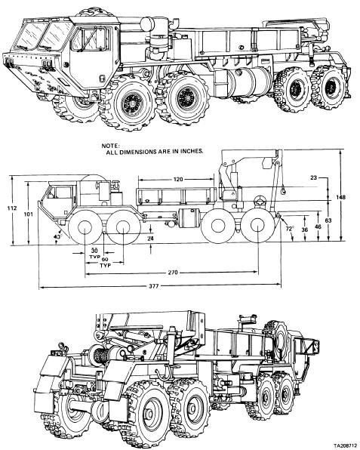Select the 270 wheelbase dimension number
[173, 273]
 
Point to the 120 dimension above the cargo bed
[178, 180]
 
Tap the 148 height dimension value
[341, 197]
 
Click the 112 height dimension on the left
[11, 208]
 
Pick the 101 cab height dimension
[29, 214]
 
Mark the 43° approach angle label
[58, 237]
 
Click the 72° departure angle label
[290, 229]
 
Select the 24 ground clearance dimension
[151, 238]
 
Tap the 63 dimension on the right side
[328, 220]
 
